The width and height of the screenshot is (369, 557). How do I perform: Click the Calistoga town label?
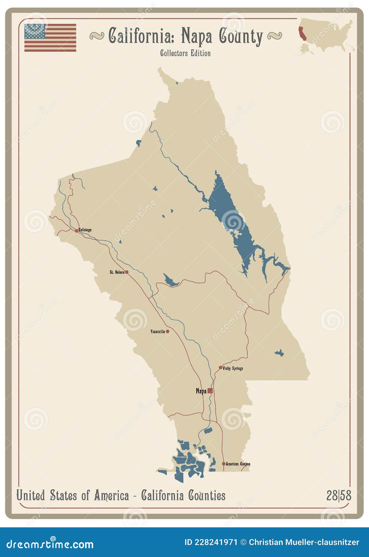(x=85, y=230)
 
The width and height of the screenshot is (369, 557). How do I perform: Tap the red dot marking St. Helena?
(x=127, y=272)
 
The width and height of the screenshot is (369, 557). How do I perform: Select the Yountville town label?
(x=157, y=331)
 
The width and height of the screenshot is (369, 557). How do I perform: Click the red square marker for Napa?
(x=210, y=391)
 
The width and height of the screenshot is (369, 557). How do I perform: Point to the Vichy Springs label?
(x=233, y=368)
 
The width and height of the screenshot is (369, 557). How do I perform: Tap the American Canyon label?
(x=238, y=464)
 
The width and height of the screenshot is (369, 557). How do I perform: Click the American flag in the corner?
(x=50, y=38)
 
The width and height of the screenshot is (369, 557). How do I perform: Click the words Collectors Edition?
(x=185, y=53)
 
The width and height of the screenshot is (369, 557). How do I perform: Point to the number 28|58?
(x=339, y=495)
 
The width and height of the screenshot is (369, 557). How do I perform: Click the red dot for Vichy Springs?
(x=220, y=367)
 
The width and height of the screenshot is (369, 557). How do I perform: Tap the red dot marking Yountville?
(x=167, y=331)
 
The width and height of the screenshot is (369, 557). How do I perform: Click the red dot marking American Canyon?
(x=223, y=464)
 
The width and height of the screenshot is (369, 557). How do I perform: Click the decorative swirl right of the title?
(x=274, y=36)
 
